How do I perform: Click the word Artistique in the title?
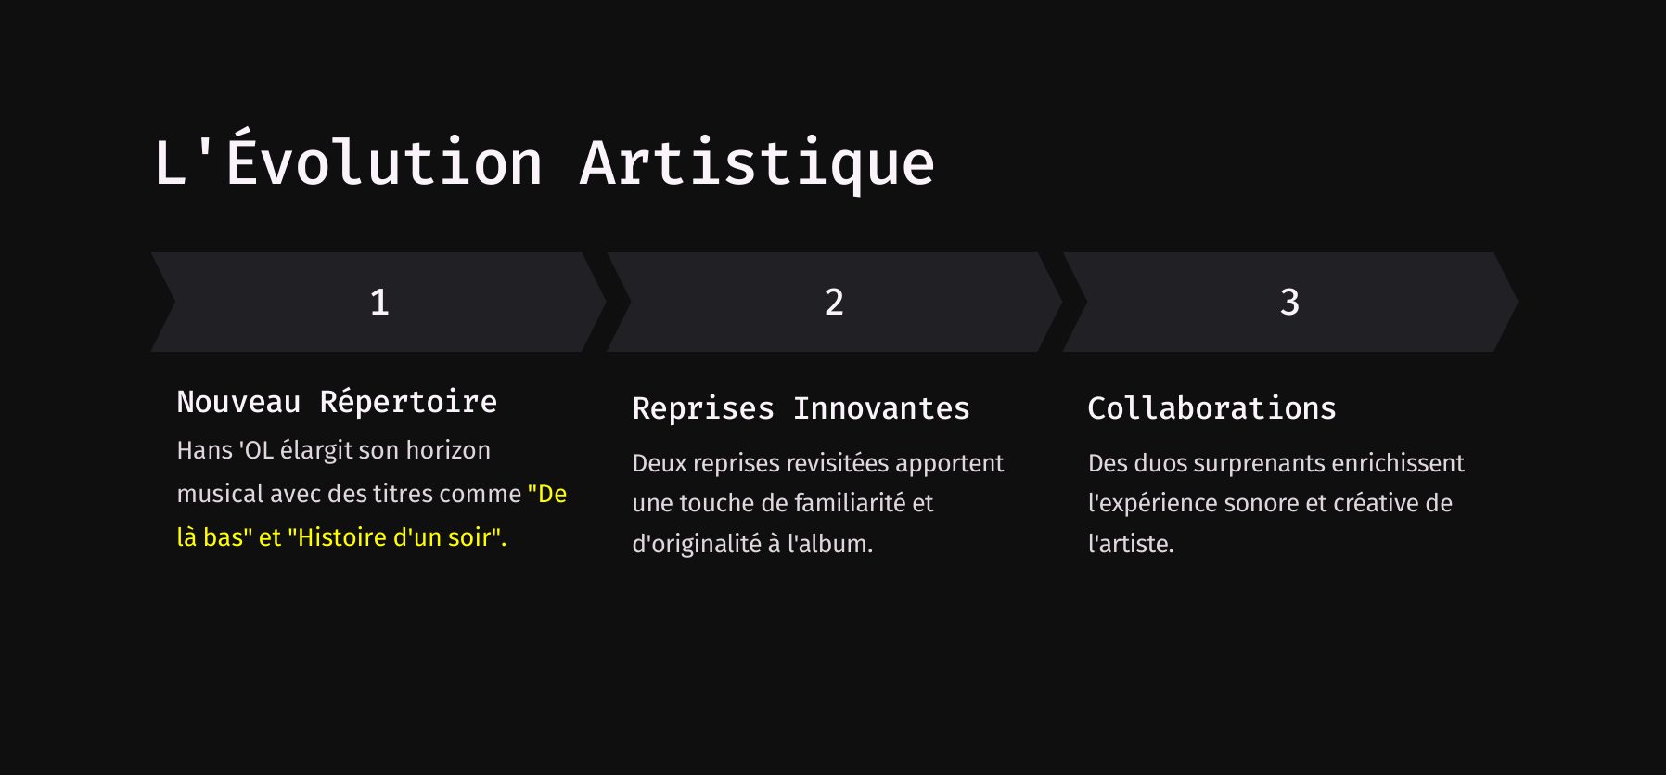(x=757, y=163)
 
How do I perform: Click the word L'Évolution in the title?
(x=349, y=163)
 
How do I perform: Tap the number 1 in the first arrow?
(x=379, y=302)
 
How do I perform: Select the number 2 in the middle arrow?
(x=834, y=302)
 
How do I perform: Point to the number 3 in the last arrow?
(x=1289, y=302)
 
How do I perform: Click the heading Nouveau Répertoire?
(x=337, y=402)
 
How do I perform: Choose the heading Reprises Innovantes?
(x=801, y=408)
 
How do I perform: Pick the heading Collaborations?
(x=1211, y=408)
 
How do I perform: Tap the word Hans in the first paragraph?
(x=204, y=451)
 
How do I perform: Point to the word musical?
(x=220, y=494)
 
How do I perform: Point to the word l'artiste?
(x=1131, y=544)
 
